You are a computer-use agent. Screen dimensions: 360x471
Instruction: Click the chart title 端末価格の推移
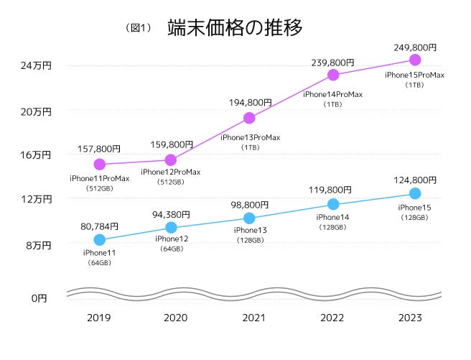[x=234, y=28]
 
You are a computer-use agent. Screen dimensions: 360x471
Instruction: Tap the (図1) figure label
[x=139, y=28]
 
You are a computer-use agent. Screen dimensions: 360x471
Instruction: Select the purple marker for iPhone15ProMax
[x=414, y=60]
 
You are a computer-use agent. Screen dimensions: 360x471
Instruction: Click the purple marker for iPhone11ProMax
[x=99, y=165]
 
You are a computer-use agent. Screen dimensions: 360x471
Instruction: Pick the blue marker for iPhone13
[x=249, y=218]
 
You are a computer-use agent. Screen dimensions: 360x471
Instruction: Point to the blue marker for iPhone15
[x=414, y=193]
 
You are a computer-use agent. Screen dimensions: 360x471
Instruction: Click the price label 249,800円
[x=414, y=47]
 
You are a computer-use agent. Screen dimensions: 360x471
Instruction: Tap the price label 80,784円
[x=99, y=226]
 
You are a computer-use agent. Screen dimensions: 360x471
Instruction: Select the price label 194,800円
[x=249, y=103]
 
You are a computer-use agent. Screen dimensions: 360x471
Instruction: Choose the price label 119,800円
[x=332, y=190]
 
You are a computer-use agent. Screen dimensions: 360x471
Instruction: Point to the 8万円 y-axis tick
[x=39, y=245]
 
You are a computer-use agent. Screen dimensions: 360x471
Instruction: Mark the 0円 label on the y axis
[x=39, y=297]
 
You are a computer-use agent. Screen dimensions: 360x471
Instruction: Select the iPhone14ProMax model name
[x=332, y=94]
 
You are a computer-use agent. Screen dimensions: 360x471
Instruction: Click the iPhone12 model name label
[x=172, y=239]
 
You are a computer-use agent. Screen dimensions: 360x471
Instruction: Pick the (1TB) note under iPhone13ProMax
[x=249, y=147]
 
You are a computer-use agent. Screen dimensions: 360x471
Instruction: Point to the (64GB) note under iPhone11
[x=99, y=263]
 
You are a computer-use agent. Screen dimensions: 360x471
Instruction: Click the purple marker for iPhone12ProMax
[x=171, y=160]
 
